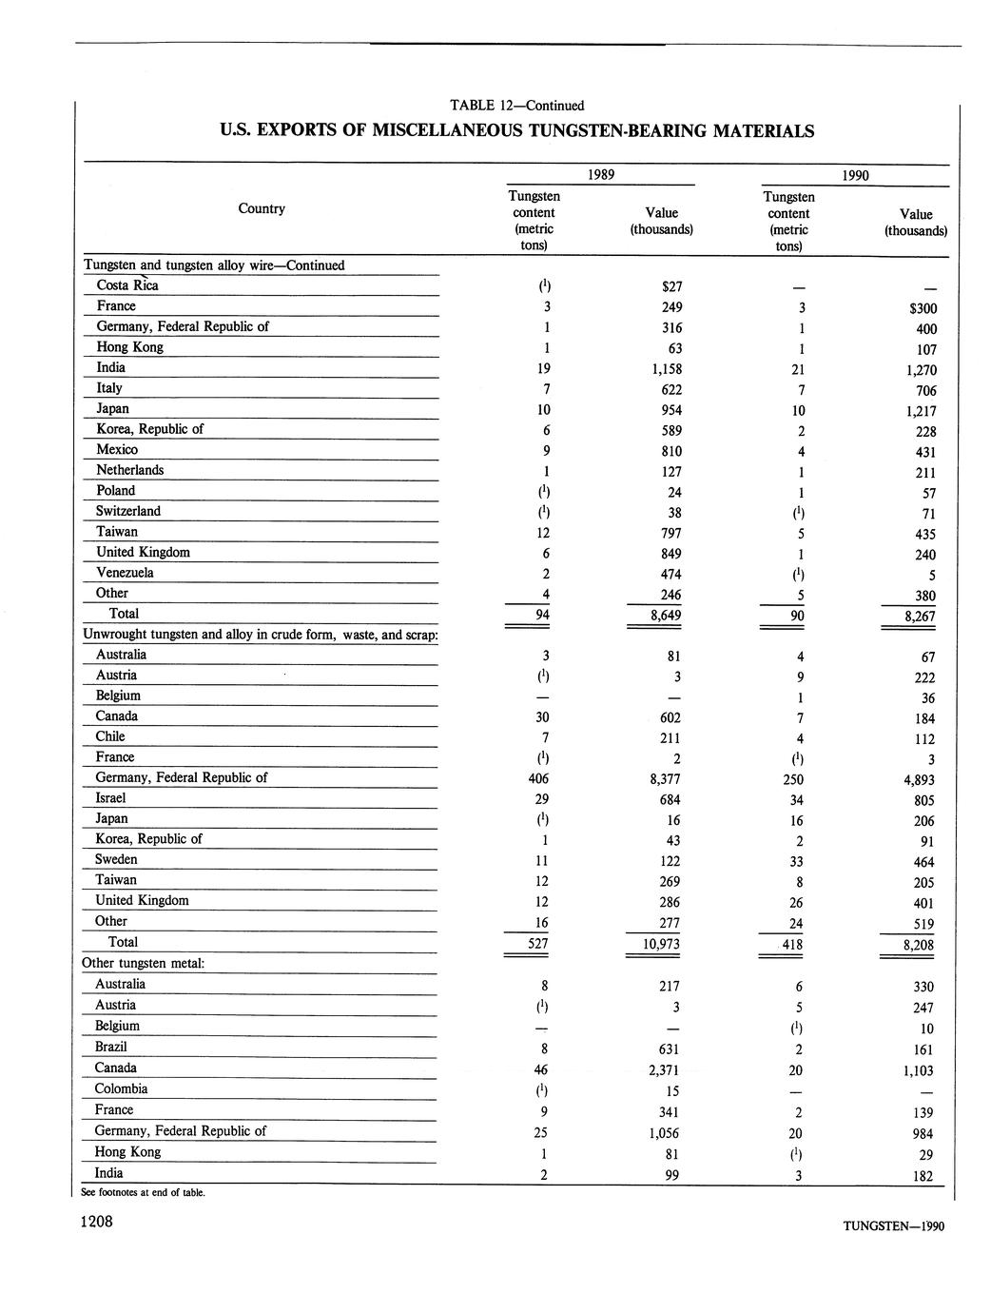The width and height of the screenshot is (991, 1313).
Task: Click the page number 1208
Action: point(98,1222)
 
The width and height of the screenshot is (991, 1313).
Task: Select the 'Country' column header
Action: point(262,208)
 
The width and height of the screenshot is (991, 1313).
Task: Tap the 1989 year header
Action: point(599,175)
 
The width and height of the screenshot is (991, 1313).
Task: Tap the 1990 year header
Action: point(853,175)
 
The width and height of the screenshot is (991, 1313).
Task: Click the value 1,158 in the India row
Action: point(662,369)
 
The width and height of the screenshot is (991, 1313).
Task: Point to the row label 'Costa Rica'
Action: point(127,285)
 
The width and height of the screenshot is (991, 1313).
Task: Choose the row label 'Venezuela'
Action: point(125,573)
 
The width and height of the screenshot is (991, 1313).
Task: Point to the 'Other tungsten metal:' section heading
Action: point(145,963)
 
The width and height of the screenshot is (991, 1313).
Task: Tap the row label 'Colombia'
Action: point(121,1088)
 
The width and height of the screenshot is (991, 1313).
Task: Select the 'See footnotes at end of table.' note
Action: point(143,1192)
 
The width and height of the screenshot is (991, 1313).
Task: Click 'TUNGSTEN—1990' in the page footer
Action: point(893,1225)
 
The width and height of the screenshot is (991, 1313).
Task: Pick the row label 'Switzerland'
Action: point(128,511)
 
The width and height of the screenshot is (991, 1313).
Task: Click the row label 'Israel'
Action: point(110,798)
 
